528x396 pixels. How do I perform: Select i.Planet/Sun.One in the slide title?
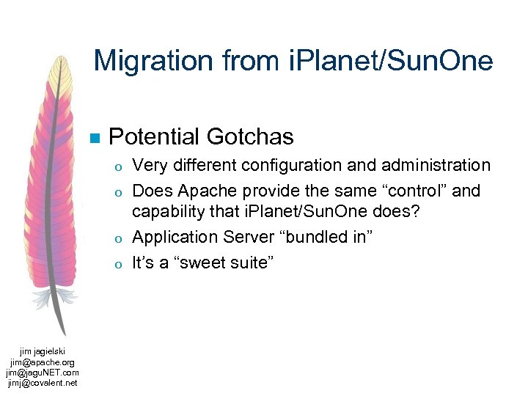(x=389, y=61)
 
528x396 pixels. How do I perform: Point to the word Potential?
(x=154, y=136)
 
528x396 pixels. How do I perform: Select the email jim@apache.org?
(x=43, y=362)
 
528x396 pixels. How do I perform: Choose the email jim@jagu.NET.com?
(x=43, y=372)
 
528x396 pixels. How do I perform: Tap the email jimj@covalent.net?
(x=43, y=382)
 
